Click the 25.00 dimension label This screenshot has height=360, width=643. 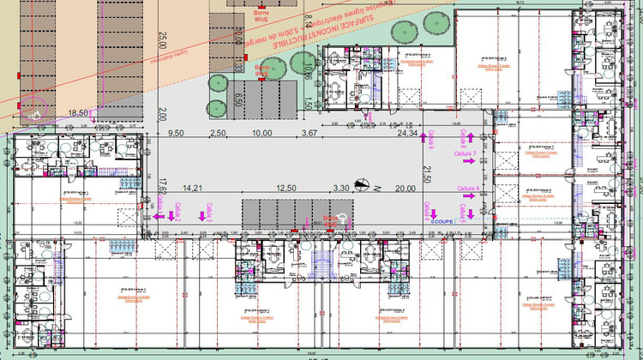coord(161,39)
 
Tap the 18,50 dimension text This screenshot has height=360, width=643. coord(79,113)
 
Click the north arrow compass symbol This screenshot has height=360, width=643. coord(363,183)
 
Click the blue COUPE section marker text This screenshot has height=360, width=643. coord(441,221)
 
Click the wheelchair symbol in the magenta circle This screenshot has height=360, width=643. coord(33,111)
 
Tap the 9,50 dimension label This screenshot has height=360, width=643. coord(176,134)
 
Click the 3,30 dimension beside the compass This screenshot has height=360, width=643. coord(340,189)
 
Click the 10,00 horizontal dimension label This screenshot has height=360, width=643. coord(262,134)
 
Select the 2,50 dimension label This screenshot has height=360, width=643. coord(219,134)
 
